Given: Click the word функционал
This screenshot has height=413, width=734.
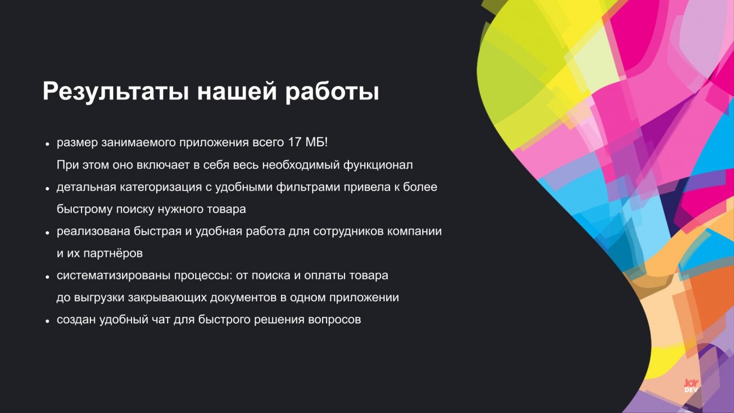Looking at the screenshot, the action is click(x=378, y=165).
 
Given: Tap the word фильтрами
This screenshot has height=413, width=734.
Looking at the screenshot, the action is click(x=308, y=187).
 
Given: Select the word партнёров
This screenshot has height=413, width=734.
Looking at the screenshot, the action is click(x=113, y=254).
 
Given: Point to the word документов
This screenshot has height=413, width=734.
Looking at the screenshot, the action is click(x=243, y=298).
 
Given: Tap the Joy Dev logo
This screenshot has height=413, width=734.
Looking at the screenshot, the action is click(x=691, y=386).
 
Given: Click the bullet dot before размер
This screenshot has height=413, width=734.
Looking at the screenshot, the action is click(x=48, y=144).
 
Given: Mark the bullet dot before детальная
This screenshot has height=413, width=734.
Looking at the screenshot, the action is click(x=48, y=188).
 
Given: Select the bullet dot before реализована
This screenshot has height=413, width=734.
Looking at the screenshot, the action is click(x=48, y=233).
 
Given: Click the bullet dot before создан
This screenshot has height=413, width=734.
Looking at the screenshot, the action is click(x=48, y=321).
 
